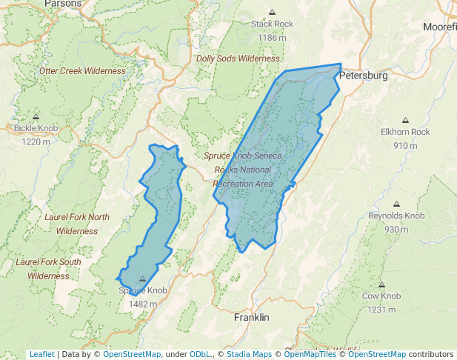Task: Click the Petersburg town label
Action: [363, 76]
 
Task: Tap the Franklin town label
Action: [251, 317]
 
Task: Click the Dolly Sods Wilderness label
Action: [238, 59]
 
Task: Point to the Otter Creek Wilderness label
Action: [82, 71]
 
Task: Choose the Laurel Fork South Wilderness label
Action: [49, 269]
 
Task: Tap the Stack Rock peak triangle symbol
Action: [272, 13]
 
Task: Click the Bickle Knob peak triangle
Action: [36, 117]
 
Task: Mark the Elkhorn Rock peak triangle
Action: [405, 121]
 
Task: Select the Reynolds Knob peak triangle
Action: [396, 204]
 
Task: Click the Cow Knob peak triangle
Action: [381, 285]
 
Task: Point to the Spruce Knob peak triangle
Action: [143, 279]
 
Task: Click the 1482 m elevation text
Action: [143, 304]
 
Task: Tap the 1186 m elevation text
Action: [272, 37]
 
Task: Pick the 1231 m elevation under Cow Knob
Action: [381, 309]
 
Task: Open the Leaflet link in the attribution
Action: [41, 354]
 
